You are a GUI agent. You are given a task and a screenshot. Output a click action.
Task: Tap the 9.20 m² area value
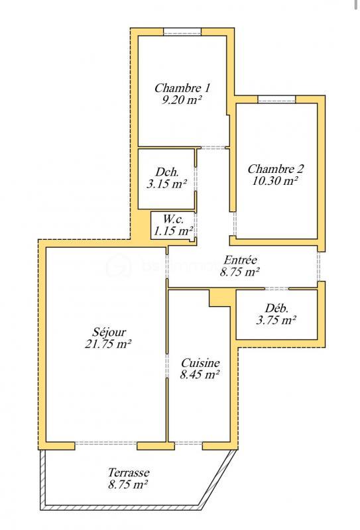coord(182,100)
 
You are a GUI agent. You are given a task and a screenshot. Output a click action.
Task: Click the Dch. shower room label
coord(166,171)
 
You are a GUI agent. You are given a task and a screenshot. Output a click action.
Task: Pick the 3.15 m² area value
coord(166,184)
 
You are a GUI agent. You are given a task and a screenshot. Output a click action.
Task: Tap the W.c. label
coord(173,219)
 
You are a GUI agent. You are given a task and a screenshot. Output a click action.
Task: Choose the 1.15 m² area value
coord(173,231)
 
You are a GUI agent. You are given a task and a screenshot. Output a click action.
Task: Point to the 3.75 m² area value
coord(276,320)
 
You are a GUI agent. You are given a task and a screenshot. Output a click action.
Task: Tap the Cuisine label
coord(200,363)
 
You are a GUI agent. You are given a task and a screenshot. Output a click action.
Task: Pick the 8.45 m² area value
coord(200,376)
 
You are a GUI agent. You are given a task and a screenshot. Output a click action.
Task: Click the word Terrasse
coord(128,472)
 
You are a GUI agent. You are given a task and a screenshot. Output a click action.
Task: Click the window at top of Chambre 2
coord(276,99)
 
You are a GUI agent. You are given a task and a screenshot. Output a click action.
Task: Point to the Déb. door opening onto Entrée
coord(276,289)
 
